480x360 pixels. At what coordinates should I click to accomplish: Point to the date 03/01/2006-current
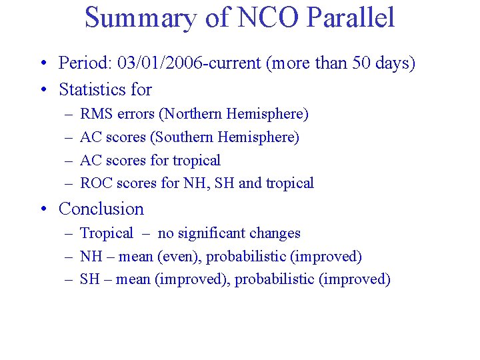[179, 63]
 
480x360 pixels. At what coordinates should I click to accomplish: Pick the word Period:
[85, 63]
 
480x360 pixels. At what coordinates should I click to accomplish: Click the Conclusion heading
[101, 209]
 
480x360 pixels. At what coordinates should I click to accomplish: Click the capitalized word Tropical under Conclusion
[107, 233]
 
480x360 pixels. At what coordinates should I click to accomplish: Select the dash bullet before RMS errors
[69, 115]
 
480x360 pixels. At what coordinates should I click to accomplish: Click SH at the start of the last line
[89, 279]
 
